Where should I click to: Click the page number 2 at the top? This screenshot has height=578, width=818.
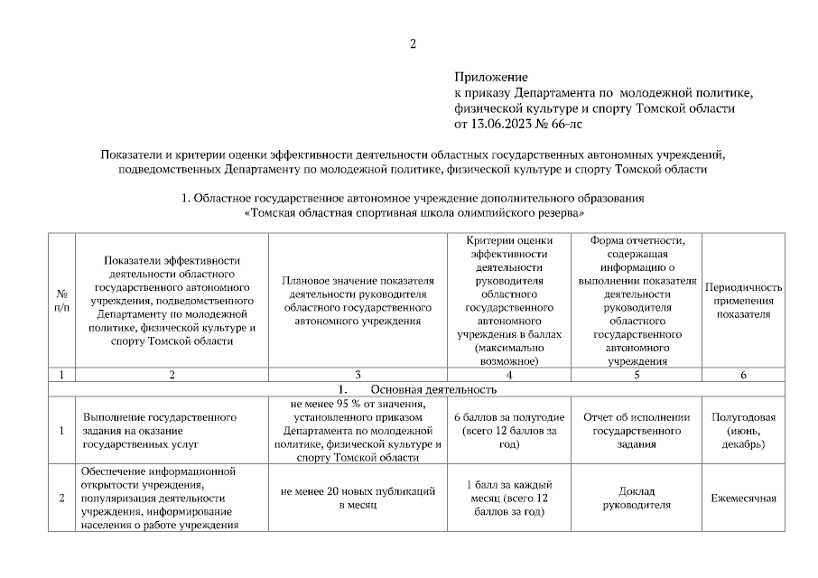point(413,44)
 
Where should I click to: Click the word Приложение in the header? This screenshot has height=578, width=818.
point(490,79)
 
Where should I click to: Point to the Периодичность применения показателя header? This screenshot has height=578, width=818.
point(743,301)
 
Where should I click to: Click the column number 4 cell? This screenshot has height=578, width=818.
point(510,374)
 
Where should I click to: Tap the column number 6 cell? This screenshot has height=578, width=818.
point(743,374)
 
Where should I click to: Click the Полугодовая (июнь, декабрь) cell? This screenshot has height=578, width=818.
point(743,431)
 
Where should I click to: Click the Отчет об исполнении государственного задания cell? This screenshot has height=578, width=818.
point(637,431)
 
